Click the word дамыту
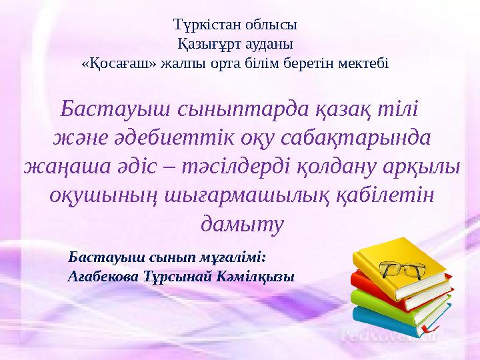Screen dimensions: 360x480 coord(242,223)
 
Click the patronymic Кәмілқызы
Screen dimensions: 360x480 coord(256,276)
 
